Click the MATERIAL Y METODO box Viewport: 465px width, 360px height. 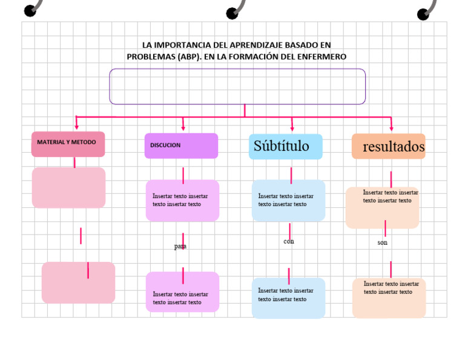(68, 144)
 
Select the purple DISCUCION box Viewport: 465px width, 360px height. (181, 145)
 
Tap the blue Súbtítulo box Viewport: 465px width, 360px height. (285, 147)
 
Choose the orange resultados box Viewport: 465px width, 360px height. (389, 147)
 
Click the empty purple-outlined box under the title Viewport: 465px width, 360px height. (237, 86)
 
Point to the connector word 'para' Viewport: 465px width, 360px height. (180, 247)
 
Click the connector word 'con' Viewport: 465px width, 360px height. (289, 241)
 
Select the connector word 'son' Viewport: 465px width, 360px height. (383, 242)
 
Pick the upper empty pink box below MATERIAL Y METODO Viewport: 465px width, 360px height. (68, 188)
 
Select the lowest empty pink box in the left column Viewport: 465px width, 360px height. (78, 282)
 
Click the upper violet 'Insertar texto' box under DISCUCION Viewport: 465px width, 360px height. (182, 201)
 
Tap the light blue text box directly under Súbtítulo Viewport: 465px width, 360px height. (288, 201)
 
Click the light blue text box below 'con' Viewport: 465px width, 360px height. (288, 298)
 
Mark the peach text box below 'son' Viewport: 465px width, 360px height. (389, 298)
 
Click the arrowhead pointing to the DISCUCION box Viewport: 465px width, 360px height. (183, 127)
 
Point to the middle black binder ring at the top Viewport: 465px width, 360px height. (232, 13)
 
